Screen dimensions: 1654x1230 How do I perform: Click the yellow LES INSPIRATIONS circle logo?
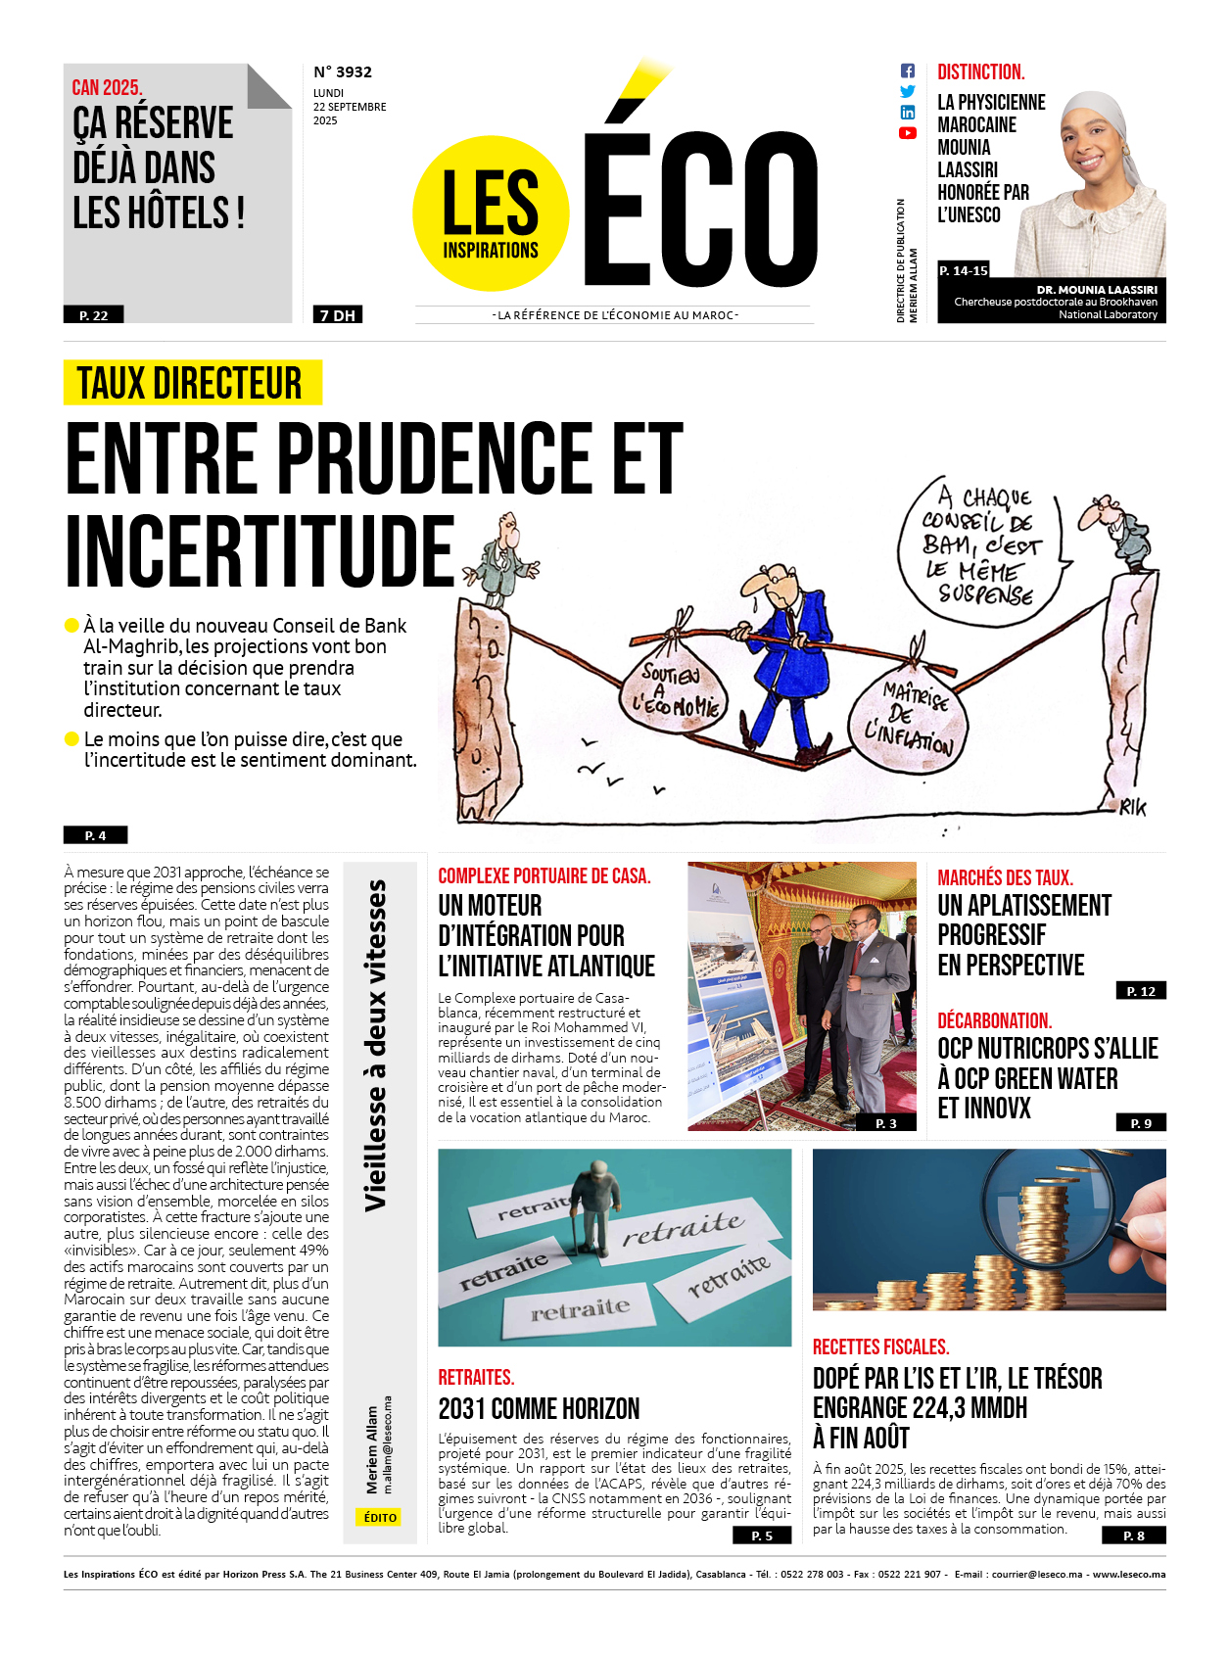pyautogui.click(x=491, y=213)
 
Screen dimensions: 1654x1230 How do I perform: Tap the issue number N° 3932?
pyautogui.click(x=343, y=72)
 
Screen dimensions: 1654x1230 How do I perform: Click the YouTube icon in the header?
pyautogui.click(x=908, y=133)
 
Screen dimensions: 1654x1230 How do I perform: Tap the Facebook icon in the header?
pyautogui.click(x=908, y=71)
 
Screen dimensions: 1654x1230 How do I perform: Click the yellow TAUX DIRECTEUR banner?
pyautogui.click(x=192, y=383)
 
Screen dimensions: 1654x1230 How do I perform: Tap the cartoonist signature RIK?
pyautogui.click(x=1133, y=807)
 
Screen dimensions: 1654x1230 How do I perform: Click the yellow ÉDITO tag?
pyautogui.click(x=380, y=1517)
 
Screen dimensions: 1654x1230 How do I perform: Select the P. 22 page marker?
pyautogui.click(x=94, y=315)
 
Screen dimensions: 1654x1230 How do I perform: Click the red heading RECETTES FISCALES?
pyautogui.click(x=880, y=1347)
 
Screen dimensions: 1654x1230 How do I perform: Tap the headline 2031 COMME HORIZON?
pyautogui.click(x=539, y=1408)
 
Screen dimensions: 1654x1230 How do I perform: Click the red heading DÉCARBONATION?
pyautogui.click(x=994, y=1020)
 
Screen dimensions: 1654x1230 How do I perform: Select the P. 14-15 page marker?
pyautogui.click(x=964, y=270)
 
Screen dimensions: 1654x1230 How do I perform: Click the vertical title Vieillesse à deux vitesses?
pyautogui.click(x=376, y=1045)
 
